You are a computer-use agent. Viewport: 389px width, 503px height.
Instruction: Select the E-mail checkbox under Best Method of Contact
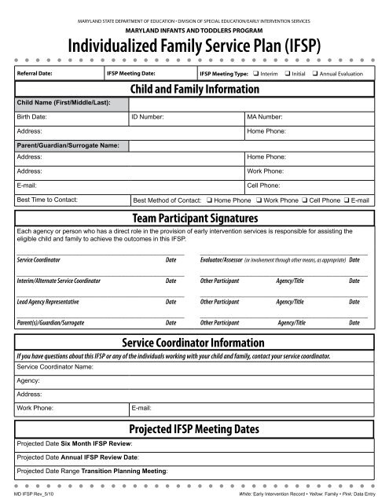pyautogui.click(x=347, y=200)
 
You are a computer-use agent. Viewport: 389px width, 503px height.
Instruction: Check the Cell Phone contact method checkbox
pyautogui.click(x=304, y=200)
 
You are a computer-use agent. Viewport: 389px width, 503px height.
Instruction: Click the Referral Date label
pyautogui.click(x=35, y=73)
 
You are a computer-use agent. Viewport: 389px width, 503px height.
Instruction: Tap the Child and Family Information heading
pyautogui.click(x=194, y=89)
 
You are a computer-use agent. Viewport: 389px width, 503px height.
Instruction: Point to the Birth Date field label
pyautogui.click(x=32, y=116)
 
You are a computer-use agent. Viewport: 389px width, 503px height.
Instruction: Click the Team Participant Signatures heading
pyautogui.click(x=194, y=218)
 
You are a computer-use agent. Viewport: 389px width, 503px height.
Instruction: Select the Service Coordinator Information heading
pyautogui.click(x=194, y=343)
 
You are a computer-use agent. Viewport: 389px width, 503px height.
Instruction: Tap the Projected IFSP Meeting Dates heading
pyautogui.click(x=194, y=428)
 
